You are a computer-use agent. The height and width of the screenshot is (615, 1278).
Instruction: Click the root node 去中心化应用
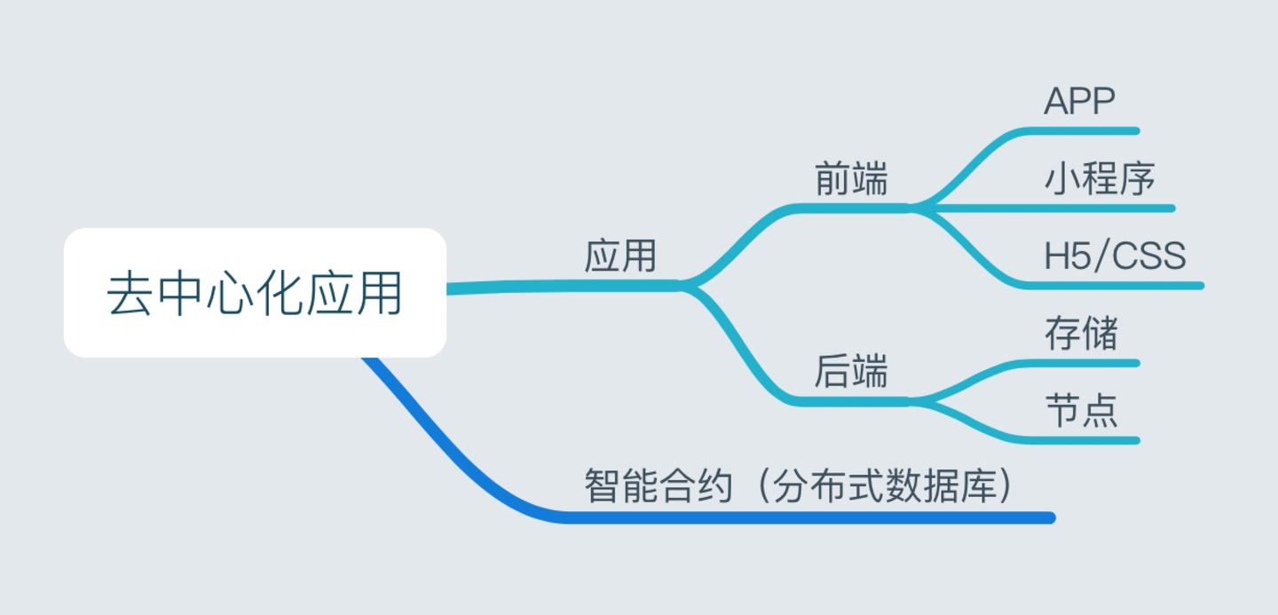pos(255,293)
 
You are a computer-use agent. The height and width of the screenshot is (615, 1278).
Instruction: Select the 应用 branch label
pos(620,256)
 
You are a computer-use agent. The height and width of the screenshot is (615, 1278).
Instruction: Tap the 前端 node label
pos(851,180)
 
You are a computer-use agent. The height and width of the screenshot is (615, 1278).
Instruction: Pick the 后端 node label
pos(851,372)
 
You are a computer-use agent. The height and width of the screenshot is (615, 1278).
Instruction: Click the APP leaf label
pos(1079,102)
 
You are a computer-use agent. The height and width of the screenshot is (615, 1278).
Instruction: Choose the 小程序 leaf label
pos(1100,179)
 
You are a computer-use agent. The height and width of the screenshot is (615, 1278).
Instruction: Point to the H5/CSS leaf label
pos(1115,256)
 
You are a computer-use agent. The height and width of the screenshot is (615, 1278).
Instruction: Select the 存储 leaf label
pos(1081,334)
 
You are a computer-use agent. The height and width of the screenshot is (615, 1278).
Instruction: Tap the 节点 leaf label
pos(1081,411)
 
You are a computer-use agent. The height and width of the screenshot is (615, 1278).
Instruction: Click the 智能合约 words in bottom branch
pos(659,486)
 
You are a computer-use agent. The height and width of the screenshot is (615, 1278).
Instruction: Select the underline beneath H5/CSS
pos(1118,286)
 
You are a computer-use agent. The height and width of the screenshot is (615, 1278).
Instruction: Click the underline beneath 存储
pos(1083,362)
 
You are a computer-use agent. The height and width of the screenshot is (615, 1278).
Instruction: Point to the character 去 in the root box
pos(130,294)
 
